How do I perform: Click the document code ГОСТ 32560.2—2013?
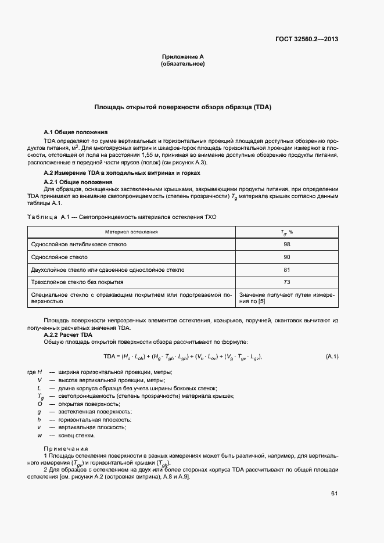tap(307, 39)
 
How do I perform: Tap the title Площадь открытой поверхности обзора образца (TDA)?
tap(183, 107)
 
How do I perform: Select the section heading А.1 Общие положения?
tap(76, 132)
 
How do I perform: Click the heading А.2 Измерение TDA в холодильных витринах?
tap(122, 173)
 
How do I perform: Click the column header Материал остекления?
tap(131, 232)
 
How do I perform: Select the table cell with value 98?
tap(286, 244)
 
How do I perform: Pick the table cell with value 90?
tap(286, 257)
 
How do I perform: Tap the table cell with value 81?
tap(286, 269)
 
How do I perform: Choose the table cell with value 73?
tap(286, 282)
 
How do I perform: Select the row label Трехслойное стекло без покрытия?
tap(77, 282)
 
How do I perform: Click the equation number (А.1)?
tap(332, 356)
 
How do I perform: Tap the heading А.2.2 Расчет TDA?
tap(69, 335)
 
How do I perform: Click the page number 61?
tap(334, 494)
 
